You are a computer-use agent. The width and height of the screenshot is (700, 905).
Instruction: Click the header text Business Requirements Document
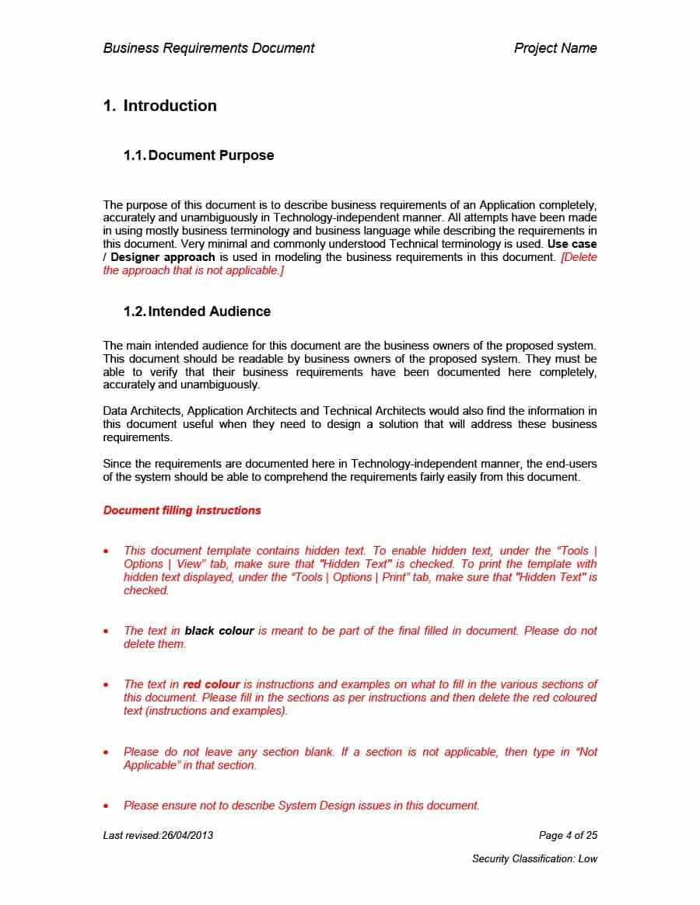click(x=208, y=48)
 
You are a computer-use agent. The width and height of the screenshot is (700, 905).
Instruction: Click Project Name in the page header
click(x=555, y=48)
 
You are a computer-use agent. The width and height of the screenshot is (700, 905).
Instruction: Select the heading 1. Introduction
click(x=159, y=106)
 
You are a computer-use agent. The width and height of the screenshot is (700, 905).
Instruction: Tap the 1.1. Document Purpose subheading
click(x=198, y=155)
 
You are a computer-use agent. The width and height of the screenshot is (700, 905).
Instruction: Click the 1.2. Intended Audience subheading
click(x=197, y=312)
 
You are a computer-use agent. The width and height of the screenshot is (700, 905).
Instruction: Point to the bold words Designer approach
click(x=163, y=257)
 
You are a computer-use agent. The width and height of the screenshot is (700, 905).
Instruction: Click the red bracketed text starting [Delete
click(x=579, y=257)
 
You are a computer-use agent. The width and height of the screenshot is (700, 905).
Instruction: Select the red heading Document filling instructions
click(x=182, y=510)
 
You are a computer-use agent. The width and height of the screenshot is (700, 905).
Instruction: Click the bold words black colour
click(x=219, y=631)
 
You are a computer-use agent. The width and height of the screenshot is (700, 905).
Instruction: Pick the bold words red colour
click(x=212, y=684)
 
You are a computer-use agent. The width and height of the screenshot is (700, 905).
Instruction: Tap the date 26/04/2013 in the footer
click(x=187, y=835)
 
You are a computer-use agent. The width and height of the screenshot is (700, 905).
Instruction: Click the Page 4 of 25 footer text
click(x=568, y=835)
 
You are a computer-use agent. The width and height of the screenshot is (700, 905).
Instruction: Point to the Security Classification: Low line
click(x=534, y=858)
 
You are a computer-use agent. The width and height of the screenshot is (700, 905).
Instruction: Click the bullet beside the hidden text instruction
click(x=107, y=551)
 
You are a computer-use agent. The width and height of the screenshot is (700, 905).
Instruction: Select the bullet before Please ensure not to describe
click(x=107, y=806)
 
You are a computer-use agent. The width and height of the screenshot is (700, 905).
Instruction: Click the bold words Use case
click(x=572, y=244)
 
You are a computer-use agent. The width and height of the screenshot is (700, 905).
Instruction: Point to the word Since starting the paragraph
click(x=117, y=464)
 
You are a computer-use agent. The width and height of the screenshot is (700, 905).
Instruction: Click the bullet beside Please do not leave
click(x=107, y=752)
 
